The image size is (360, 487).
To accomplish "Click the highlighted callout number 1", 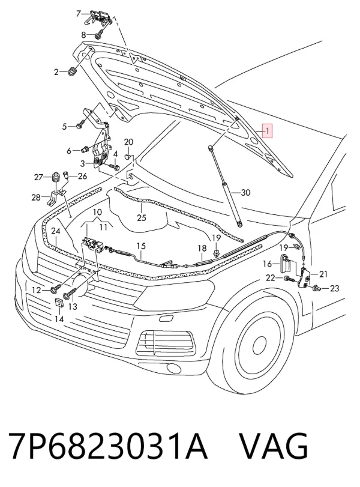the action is click(x=268, y=131).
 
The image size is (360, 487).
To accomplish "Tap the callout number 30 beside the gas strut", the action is click(x=245, y=193).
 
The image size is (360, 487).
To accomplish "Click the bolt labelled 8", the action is click(x=100, y=35).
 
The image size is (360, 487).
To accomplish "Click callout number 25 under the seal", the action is click(x=142, y=217).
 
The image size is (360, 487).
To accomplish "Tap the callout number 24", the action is click(x=55, y=231).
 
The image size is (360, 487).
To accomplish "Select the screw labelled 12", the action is click(x=58, y=286).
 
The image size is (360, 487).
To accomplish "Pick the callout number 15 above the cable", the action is click(x=141, y=246).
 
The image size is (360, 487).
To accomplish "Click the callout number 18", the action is click(x=202, y=248).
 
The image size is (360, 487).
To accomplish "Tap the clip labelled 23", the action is click(x=317, y=288).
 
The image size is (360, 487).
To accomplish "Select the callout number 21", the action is click(x=323, y=274).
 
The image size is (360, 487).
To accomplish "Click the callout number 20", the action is click(x=128, y=142).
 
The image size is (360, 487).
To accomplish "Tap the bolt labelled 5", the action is click(x=79, y=126).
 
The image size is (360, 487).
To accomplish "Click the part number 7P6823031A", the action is click(x=107, y=446).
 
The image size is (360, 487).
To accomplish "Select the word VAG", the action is click(x=274, y=446).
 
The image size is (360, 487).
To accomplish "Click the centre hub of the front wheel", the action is click(x=259, y=345).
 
